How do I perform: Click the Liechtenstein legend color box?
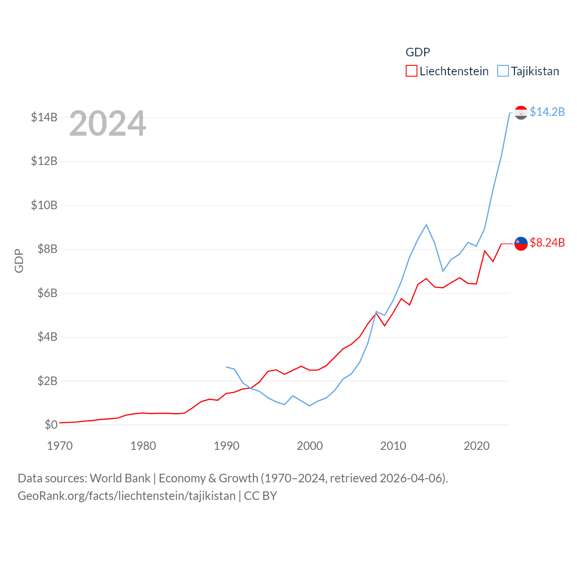pos(411,71)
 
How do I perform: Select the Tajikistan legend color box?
pos(503,71)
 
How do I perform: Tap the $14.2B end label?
pos(547,112)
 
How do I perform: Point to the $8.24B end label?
pos(547,243)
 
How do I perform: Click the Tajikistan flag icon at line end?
pos(521,112)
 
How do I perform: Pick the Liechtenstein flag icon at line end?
pos(521,243)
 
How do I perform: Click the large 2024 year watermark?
pos(108,124)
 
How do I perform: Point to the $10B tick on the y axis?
pos(44,206)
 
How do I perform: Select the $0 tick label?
pos(51,425)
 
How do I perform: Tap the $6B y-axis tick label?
pos(47,293)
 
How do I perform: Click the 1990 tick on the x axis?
pos(226,446)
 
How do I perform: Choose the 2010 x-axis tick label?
pos(393,446)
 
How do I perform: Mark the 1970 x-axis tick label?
pos(60,446)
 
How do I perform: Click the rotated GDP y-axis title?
pos(19,261)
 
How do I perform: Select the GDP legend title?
pos(417,52)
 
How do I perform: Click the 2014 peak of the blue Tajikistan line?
pos(426,224)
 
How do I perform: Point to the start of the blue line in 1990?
pos(226,367)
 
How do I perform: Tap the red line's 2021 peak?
pos(485,251)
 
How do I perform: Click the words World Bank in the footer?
pos(120,478)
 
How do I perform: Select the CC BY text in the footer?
pos(260,496)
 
